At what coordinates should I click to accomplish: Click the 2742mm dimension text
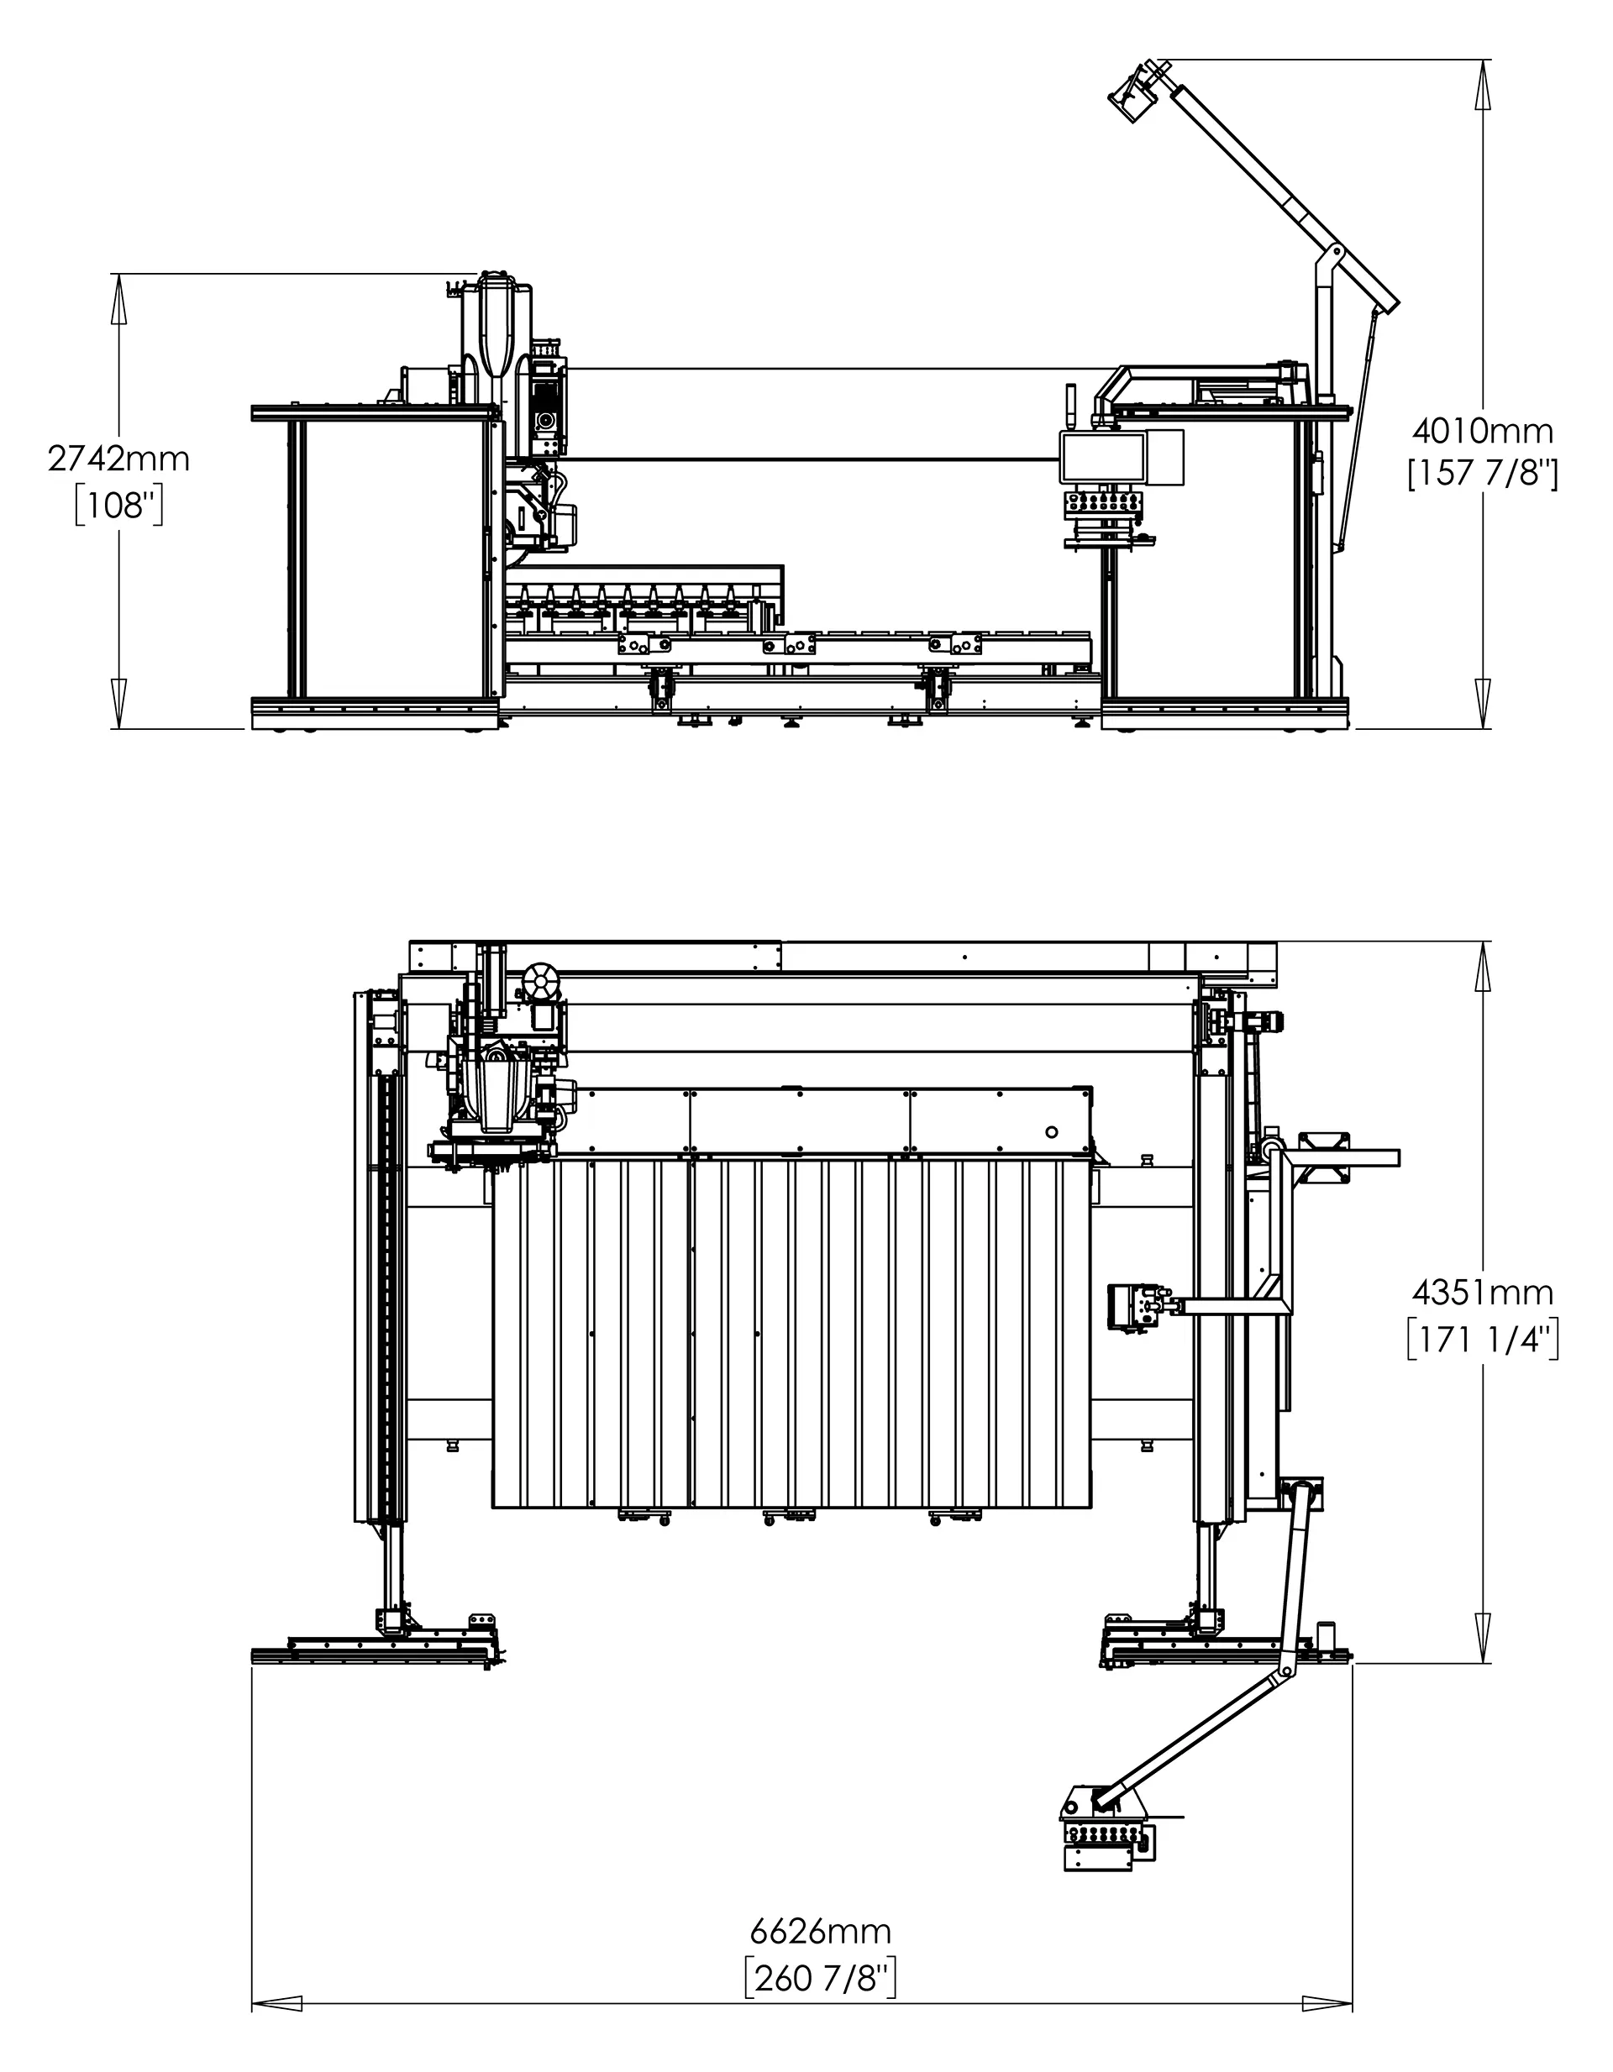[118, 459]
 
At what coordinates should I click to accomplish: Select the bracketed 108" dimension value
[119, 506]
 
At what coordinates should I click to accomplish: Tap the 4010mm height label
[1483, 432]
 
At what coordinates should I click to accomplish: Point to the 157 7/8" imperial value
[1483, 474]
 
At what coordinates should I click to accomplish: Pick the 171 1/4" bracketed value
[1483, 1340]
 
